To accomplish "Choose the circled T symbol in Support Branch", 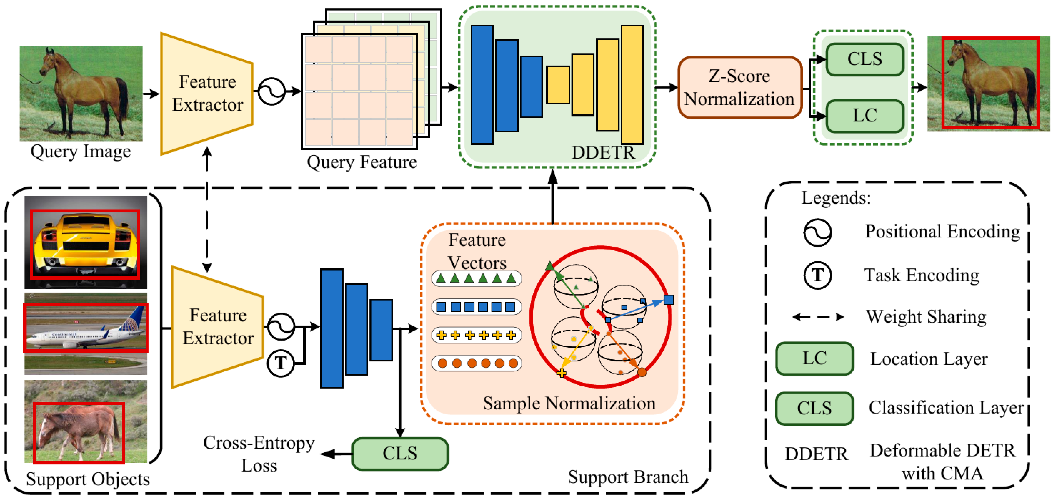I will pyautogui.click(x=281, y=363).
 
